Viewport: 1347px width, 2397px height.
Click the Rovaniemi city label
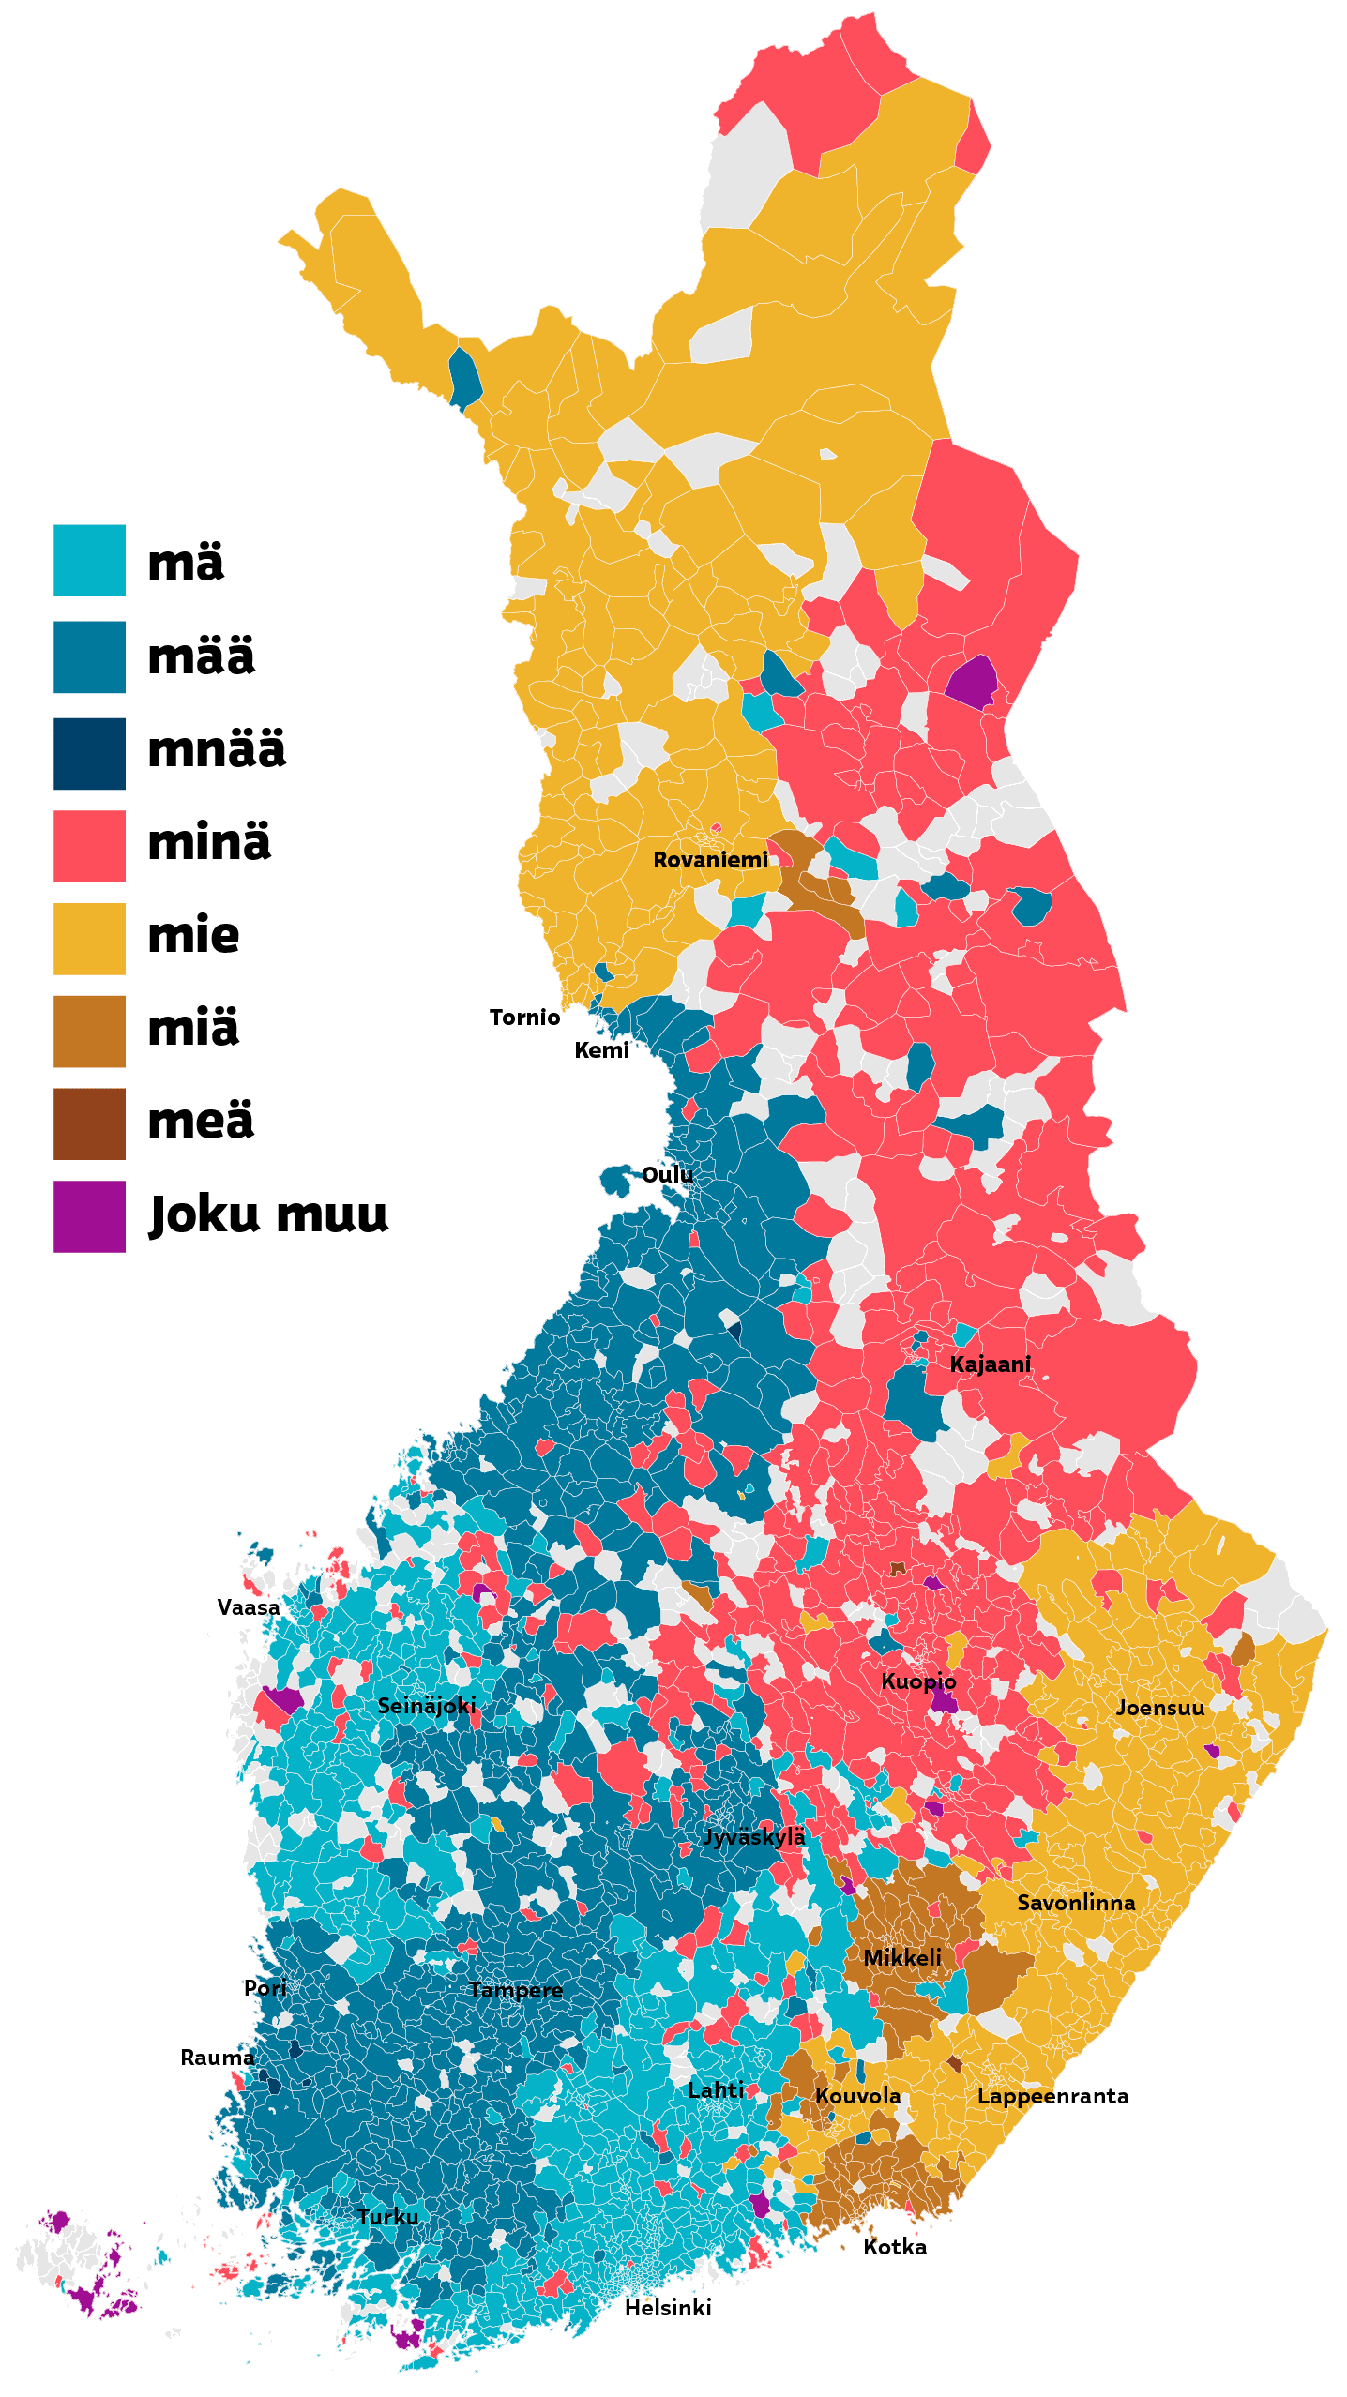pyautogui.click(x=710, y=859)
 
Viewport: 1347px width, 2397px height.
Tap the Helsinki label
pyautogui.click(x=668, y=2307)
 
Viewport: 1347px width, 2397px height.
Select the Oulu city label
pyautogui.click(x=667, y=1174)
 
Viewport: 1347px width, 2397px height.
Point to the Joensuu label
pyautogui.click(x=1160, y=1707)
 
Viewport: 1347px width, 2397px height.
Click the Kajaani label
pyautogui.click(x=990, y=1364)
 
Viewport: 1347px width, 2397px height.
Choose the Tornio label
pyautogui.click(x=524, y=1018)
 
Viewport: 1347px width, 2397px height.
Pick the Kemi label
pyautogui.click(x=601, y=1050)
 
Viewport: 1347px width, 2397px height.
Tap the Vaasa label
pyautogui.click(x=249, y=1607)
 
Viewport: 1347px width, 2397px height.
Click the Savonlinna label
pyautogui.click(x=1076, y=1902)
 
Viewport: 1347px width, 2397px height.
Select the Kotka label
pyautogui.click(x=895, y=2247)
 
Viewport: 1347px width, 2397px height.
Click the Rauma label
pyautogui.click(x=218, y=2058)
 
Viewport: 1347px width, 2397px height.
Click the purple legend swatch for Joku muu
pyautogui.click(x=89, y=1216)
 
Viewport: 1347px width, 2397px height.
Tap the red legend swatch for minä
pyautogui.click(x=89, y=846)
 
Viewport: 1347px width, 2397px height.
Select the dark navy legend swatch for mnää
pyautogui.click(x=89, y=753)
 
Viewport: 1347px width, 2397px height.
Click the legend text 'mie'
pyautogui.click(x=193, y=936)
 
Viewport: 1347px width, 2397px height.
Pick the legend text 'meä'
pyautogui.click(x=201, y=1121)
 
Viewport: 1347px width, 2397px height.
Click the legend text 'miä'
pyautogui.click(x=193, y=1028)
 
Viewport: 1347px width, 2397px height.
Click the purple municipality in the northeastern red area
pyautogui.click(x=971, y=683)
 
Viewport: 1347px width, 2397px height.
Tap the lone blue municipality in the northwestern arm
pyautogui.click(x=464, y=378)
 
